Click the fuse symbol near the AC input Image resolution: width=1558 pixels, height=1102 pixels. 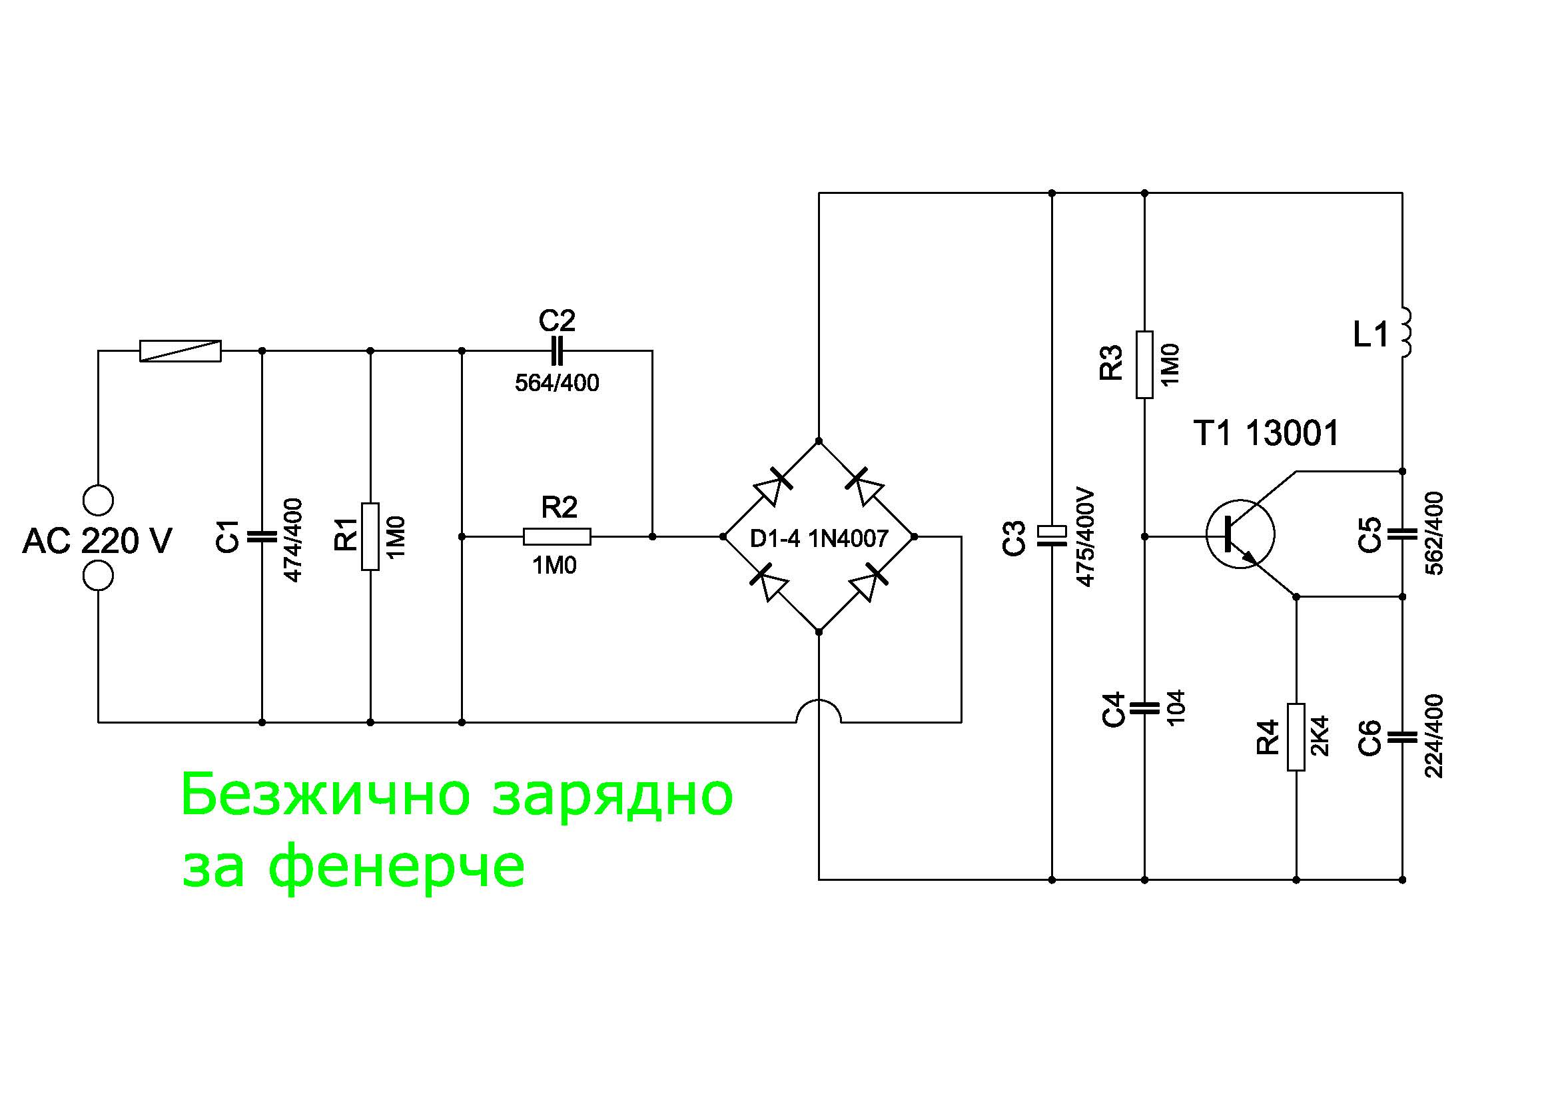click(x=180, y=351)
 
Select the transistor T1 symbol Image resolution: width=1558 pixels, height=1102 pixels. click(x=1240, y=534)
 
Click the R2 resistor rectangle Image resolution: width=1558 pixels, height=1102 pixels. click(x=556, y=537)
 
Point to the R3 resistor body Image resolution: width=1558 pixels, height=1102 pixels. click(x=1144, y=364)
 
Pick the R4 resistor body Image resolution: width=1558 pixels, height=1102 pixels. click(x=1296, y=737)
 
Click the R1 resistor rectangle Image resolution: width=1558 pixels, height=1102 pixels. click(x=370, y=536)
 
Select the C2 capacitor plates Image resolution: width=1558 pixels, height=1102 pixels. click(x=556, y=351)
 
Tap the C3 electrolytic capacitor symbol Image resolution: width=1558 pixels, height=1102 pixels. click(x=1051, y=536)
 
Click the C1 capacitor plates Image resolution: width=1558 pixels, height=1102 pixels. click(x=262, y=536)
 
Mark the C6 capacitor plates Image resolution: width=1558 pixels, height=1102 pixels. click(x=1402, y=736)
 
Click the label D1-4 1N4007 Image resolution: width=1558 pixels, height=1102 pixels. click(x=819, y=539)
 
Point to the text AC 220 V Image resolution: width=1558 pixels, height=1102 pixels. click(x=97, y=542)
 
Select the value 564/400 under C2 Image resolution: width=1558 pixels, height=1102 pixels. click(x=556, y=383)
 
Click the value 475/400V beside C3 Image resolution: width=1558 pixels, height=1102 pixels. click(x=1085, y=536)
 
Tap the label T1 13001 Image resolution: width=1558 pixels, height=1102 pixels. click(x=1266, y=433)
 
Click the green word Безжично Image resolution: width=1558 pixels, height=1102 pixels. click(x=326, y=796)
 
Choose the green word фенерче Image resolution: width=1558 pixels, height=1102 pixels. click(x=397, y=867)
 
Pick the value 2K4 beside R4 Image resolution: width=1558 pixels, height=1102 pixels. click(x=1320, y=736)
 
